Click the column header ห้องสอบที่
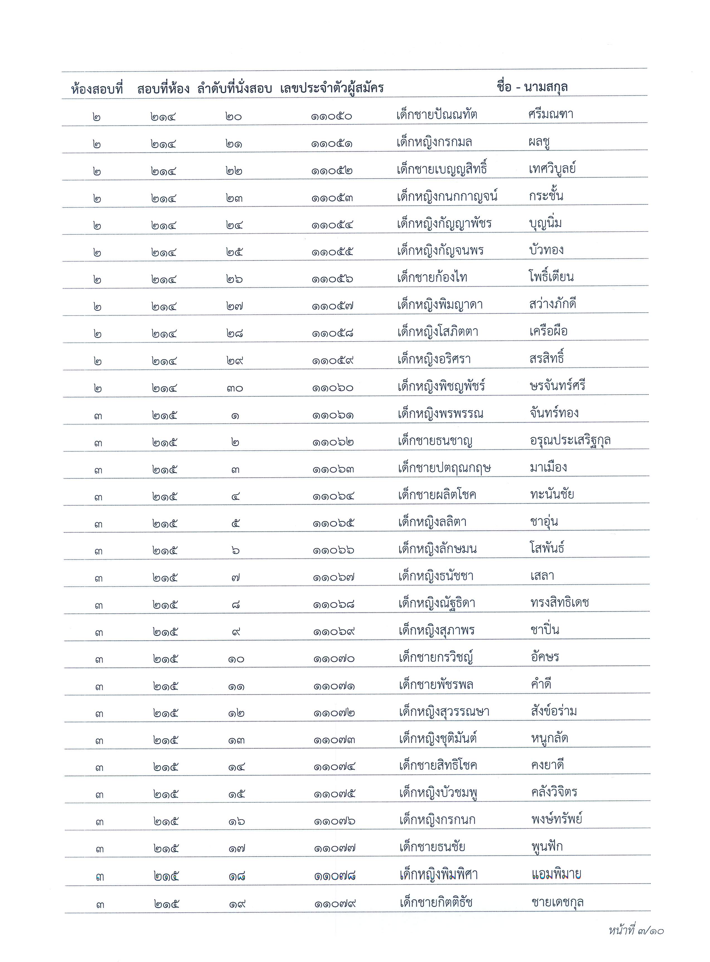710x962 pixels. [97, 89]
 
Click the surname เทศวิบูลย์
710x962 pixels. [552, 168]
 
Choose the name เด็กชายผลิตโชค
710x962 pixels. [437, 495]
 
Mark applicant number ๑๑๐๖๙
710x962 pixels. [334, 632]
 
